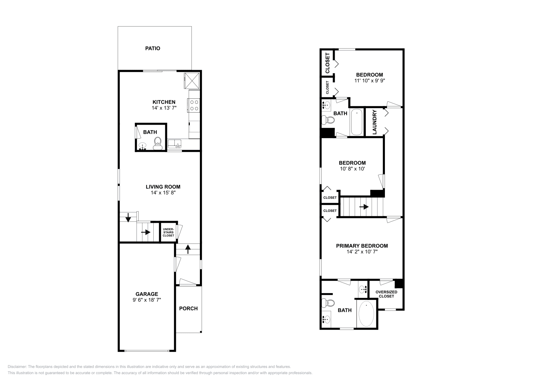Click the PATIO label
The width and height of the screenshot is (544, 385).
pyautogui.click(x=153, y=48)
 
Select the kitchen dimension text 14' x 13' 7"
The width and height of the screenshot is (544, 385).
pyautogui.click(x=164, y=108)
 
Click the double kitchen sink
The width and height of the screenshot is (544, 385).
pyautogui.click(x=174, y=144)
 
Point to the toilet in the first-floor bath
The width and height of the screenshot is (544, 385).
pyautogui.click(x=158, y=143)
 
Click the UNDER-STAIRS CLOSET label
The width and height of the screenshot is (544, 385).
pyautogui.click(x=168, y=232)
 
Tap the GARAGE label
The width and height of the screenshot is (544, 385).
pyautogui.click(x=147, y=294)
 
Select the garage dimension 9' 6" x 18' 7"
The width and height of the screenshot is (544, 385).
pyautogui.click(x=147, y=300)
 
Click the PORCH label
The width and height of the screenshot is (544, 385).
pyautogui.click(x=188, y=308)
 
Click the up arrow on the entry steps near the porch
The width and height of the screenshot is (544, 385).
pyautogui.click(x=188, y=249)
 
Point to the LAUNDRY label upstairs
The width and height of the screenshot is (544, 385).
pyautogui.click(x=374, y=122)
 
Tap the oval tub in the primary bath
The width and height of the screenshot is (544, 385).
pyautogui.click(x=366, y=314)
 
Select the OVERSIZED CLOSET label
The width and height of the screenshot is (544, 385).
pyautogui.click(x=386, y=294)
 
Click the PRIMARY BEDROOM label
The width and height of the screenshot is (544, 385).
pyautogui.click(x=362, y=246)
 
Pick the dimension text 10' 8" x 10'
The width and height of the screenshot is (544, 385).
pyautogui.click(x=352, y=169)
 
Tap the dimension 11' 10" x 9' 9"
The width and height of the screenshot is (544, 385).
pyautogui.click(x=369, y=81)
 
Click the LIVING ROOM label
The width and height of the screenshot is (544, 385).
pyautogui.click(x=163, y=187)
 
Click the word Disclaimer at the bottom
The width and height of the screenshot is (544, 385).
pyautogui.click(x=17, y=367)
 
